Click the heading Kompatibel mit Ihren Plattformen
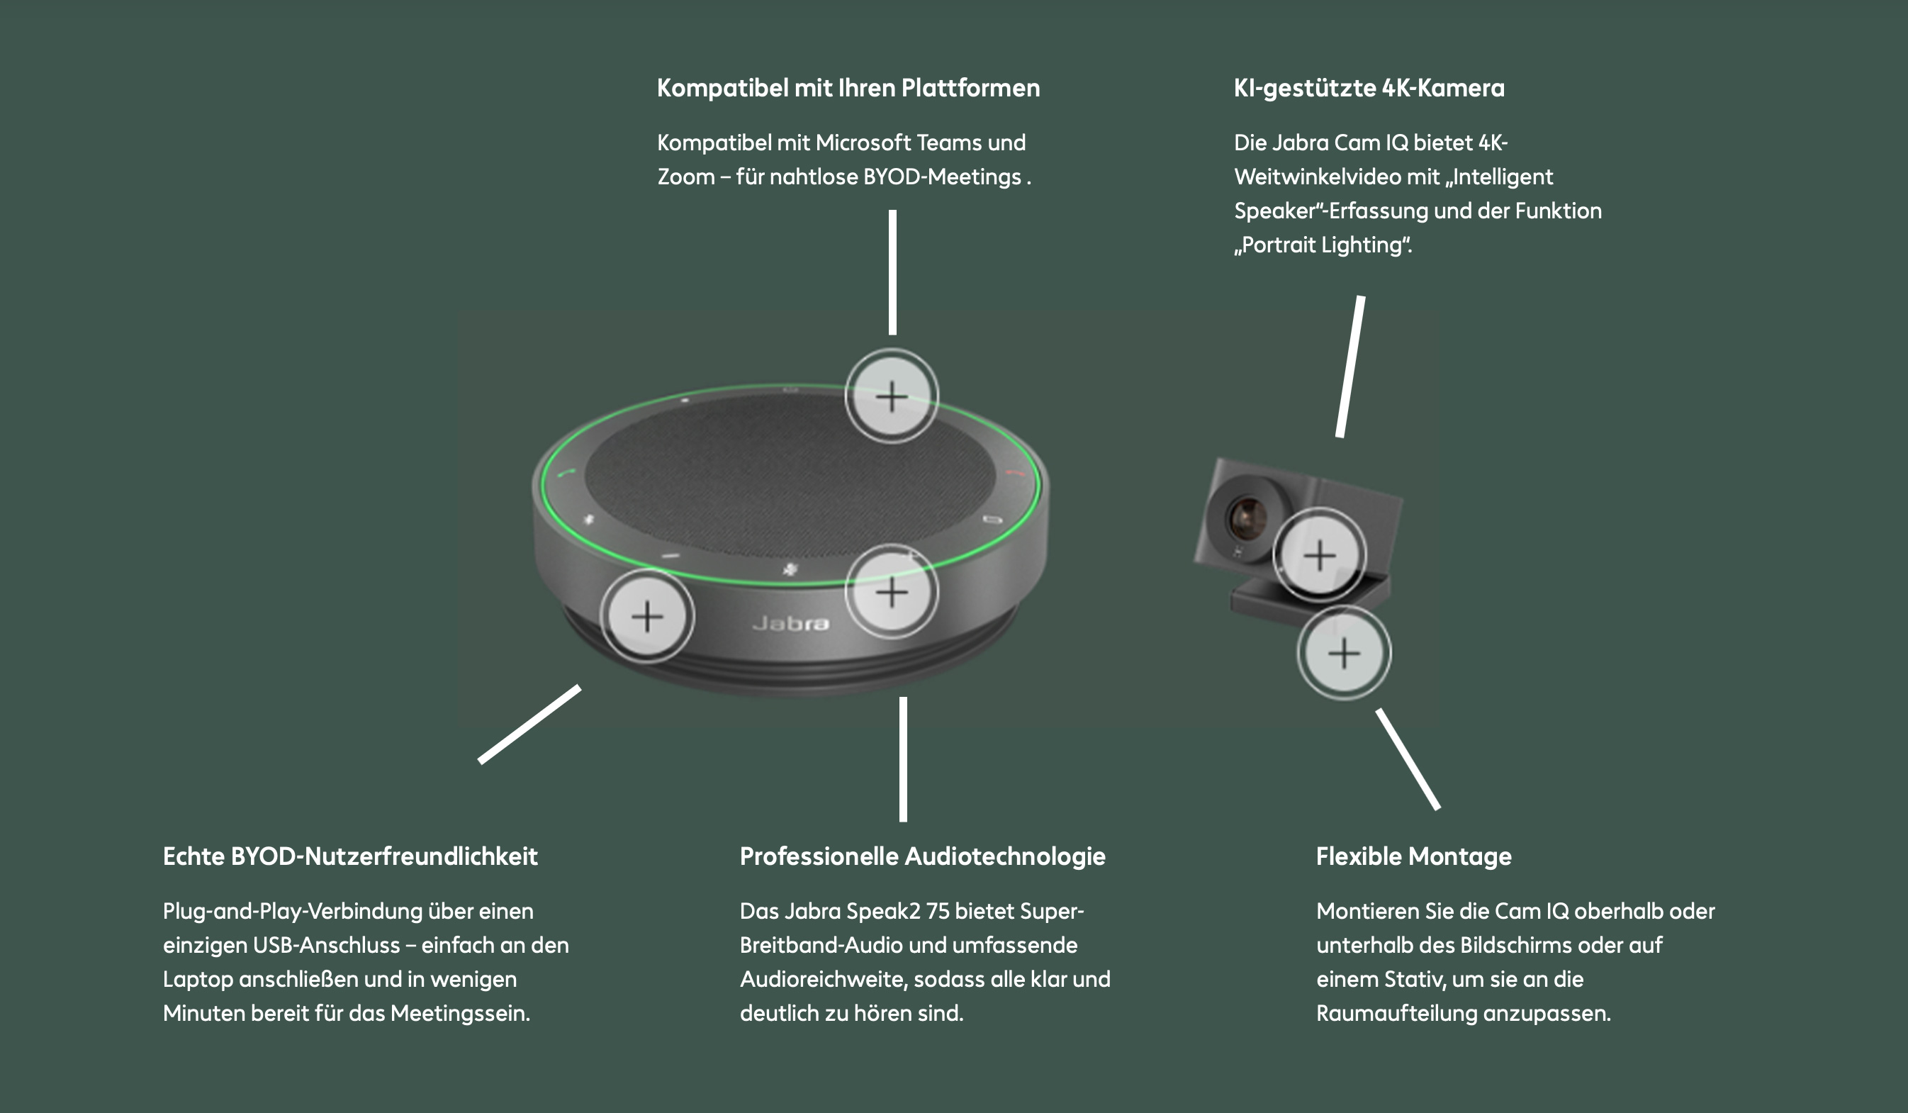848,88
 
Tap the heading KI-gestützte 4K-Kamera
1369,88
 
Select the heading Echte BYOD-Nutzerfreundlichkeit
350,856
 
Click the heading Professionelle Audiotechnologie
922,856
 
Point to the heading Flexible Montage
1413,856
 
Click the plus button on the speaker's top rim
891,396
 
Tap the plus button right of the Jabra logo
891,591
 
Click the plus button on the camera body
1319,555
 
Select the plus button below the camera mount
1344,653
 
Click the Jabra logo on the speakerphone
790,623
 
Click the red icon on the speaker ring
1014,474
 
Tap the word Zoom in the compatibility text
686,177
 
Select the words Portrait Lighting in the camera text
1324,245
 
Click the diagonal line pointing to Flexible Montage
1408,759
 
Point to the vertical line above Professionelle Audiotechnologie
902,759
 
